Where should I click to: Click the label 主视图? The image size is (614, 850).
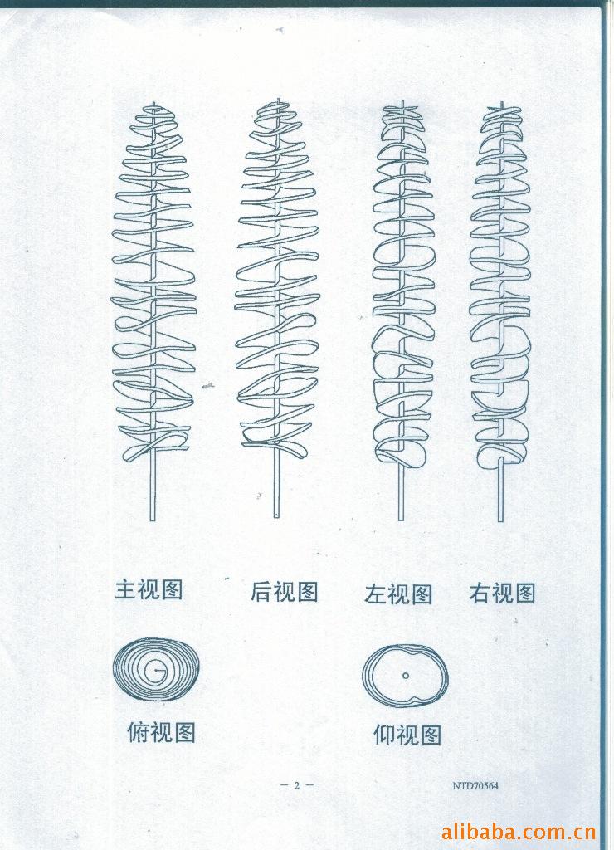coord(149,589)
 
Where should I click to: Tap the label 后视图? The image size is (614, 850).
coord(284,591)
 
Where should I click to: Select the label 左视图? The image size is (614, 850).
coord(398,594)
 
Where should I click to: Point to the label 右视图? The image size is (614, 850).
coord(502,593)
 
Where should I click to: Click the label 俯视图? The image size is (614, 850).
coord(161,732)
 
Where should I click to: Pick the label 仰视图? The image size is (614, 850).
coord(407,735)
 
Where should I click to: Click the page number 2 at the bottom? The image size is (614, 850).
coord(296,785)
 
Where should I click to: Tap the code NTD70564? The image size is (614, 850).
coord(475,785)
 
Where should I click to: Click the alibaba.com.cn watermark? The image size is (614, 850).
coord(519,832)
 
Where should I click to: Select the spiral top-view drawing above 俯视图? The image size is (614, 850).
coord(156,669)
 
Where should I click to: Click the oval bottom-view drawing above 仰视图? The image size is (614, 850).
coord(406,676)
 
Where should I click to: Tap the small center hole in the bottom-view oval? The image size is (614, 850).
coord(406,676)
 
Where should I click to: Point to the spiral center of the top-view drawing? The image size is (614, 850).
coord(157,670)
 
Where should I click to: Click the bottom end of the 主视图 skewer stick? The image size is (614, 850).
coord(153,520)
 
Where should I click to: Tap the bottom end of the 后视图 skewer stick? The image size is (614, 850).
coord(276,516)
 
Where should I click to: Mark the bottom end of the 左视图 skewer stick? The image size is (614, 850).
coord(401,520)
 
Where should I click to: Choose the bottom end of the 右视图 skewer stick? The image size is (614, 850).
coord(500,520)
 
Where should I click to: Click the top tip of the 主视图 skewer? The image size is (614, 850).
coord(153,102)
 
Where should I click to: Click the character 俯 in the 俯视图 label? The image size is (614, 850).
coord(138,732)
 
